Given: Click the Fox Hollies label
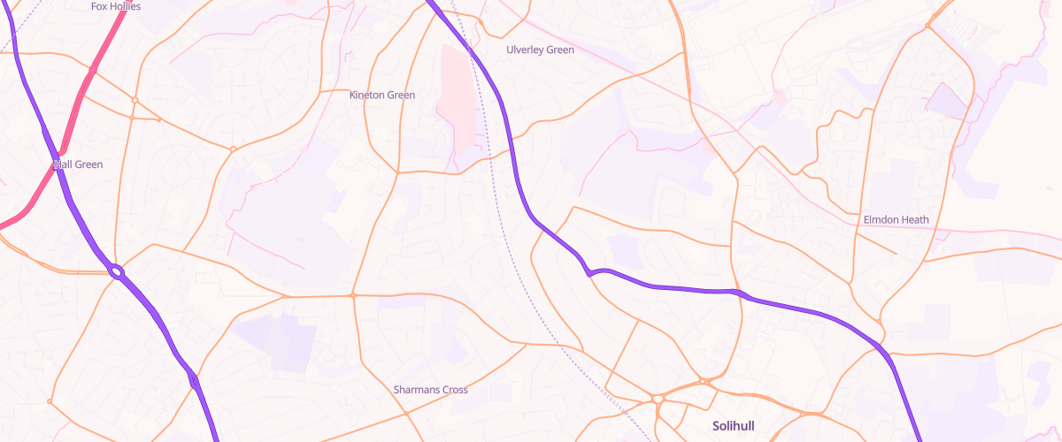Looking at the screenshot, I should pyautogui.click(x=116, y=6).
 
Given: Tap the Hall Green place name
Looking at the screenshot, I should pyautogui.click(x=79, y=164).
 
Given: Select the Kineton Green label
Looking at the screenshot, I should pyautogui.click(x=382, y=95).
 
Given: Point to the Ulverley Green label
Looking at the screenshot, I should pyautogui.click(x=540, y=50).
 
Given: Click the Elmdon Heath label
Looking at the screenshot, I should pyautogui.click(x=896, y=219).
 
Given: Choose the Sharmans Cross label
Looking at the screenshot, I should pyautogui.click(x=430, y=389).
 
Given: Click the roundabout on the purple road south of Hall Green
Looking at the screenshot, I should pyautogui.click(x=117, y=272).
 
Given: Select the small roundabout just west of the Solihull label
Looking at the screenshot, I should pyautogui.click(x=658, y=400).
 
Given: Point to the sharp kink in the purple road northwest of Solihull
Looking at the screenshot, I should pyautogui.click(x=589, y=273).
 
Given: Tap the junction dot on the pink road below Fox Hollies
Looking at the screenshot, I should pyautogui.click(x=92, y=69).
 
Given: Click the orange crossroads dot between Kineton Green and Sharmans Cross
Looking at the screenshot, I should pyautogui.click(x=352, y=294).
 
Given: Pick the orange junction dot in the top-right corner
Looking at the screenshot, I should pyautogui.click(x=927, y=27).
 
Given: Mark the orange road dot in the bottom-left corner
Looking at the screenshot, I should pyautogui.click(x=50, y=402).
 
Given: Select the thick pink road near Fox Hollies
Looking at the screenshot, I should pyautogui.click(x=106, y=44).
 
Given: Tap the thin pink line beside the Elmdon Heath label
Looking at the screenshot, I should pyautogui.click(x=973, y=232).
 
